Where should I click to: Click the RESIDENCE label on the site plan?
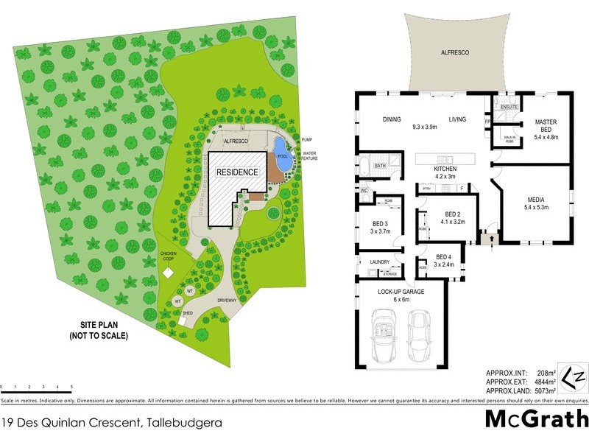pyautogui.click(x=237, y=172)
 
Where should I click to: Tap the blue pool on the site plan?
pyautogui.click(x=281, y=148)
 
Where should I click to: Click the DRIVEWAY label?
pyautogui.click(x=226, y=301)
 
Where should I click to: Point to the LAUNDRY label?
pyautogui.click(x=379, y=261)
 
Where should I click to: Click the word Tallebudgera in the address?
pyautogui.click(x=180, y=423)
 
